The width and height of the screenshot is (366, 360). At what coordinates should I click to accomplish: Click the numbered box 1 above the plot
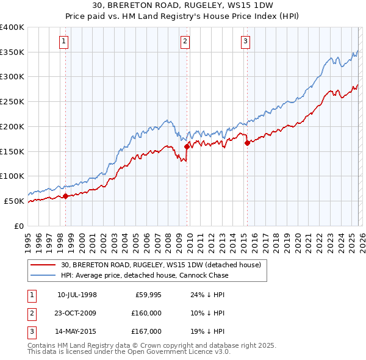coord(65,41)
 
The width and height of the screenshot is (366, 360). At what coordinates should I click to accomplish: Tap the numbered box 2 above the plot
coord(185,41)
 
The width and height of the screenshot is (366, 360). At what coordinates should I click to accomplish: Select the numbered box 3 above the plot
coord(245,41)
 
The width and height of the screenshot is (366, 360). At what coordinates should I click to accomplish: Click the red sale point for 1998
coord(65,196)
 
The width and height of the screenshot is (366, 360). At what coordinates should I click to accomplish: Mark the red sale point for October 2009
coord(187,146)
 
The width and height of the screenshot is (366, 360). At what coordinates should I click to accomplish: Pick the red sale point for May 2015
coord(247,143)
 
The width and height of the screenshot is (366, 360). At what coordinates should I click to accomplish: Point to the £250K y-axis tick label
coord(12,102)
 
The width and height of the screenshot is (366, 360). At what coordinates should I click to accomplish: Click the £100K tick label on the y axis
coord(12,176)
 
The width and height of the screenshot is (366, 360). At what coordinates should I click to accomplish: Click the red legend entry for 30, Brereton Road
coord(161,265)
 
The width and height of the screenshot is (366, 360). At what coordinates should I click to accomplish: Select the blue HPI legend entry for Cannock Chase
coord(145,275)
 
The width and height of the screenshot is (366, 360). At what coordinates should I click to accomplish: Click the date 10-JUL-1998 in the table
coord(77,295)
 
